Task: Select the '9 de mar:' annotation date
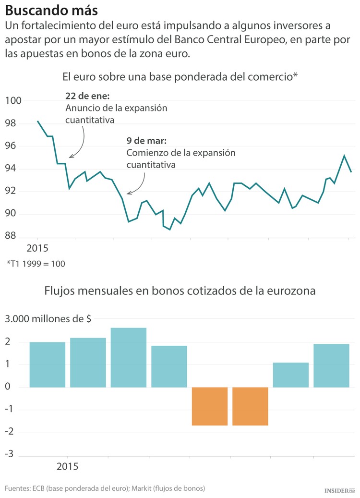(x=146, y=141)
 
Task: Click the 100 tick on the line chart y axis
(x=13, y=101)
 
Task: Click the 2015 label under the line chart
(x=37, y=248)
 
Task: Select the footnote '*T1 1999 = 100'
(x=36, y=264)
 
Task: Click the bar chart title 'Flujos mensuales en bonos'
(x=180, y=291)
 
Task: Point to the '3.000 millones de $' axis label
(x=49, y=319)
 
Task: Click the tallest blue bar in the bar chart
(x=128, y=357)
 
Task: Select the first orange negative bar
(x=209, y=406)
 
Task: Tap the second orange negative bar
(x=250, y=406)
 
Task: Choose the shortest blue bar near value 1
(x=290, y=375)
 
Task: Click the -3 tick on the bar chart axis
(x=10, y=454)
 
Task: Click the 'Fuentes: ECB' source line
(x=105, y=488)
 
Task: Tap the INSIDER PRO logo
(x=339, y=490)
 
